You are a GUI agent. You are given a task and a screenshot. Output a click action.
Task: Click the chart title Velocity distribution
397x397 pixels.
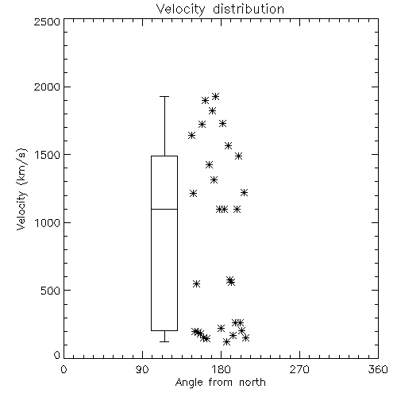coord(220,9)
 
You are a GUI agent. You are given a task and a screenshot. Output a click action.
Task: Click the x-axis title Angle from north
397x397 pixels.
coord(220,383)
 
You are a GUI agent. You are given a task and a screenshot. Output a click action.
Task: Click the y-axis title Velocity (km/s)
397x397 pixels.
coord(21,189)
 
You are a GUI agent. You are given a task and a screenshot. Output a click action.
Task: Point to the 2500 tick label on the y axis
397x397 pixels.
coord(47,21)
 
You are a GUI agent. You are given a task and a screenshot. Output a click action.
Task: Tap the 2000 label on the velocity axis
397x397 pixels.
coord(47,87)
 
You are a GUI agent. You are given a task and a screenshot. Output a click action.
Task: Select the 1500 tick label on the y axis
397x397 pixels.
coord(48,155)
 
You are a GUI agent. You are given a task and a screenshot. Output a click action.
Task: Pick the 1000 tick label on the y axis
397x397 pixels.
coord(48,222)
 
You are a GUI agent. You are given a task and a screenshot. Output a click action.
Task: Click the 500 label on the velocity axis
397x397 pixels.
coord(51,291)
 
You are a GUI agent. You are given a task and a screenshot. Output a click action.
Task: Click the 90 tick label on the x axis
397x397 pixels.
coord(142,369)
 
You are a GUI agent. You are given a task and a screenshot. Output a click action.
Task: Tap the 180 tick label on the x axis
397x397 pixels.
coord(221,369)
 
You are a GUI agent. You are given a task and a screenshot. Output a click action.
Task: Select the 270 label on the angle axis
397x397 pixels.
coord(299,369)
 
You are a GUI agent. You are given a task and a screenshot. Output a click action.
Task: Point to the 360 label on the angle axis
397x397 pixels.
coord(378,369)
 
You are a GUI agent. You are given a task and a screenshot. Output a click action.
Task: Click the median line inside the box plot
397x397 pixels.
coord(164,209)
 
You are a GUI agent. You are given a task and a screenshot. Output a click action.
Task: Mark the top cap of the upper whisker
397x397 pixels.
coord(164,97)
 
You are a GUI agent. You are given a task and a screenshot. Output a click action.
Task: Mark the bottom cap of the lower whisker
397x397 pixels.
coord(164,341)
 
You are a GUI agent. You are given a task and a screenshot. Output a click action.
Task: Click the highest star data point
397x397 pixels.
coord(216,96)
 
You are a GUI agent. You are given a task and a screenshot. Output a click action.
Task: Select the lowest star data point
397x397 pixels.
coord(226,342)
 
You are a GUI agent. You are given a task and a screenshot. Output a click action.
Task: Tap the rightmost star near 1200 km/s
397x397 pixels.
coord(244,192)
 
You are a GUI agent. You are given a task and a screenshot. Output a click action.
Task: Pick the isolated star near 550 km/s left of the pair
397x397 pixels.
coord(196,283)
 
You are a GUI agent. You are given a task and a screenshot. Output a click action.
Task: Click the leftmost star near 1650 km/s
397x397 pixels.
coord(191,136)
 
